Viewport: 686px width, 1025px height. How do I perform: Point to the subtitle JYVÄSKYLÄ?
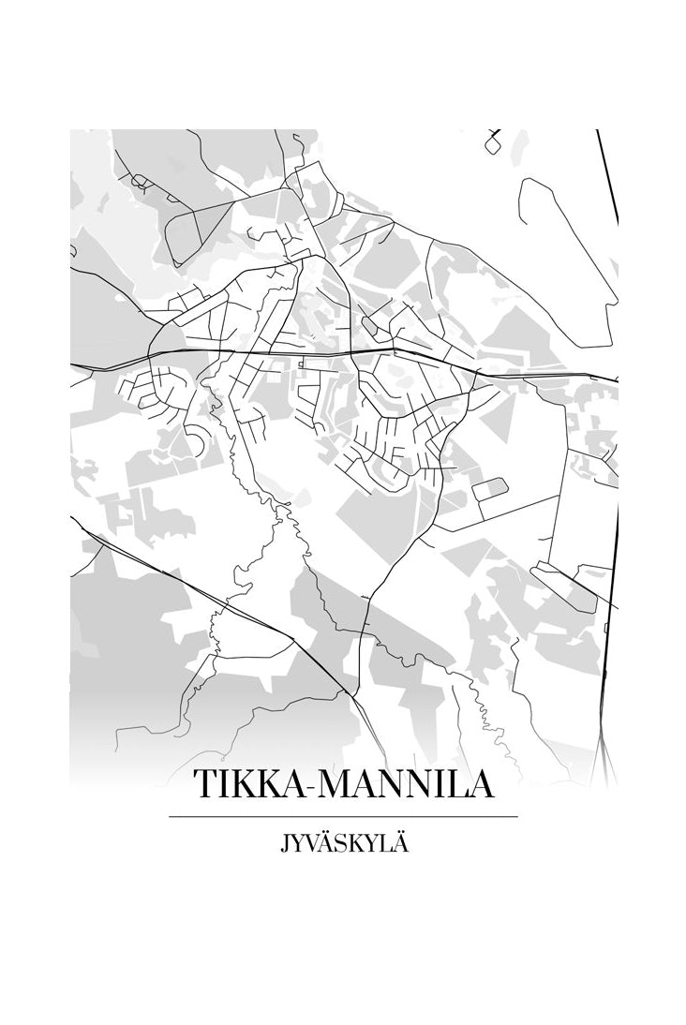click(x=344, y=843)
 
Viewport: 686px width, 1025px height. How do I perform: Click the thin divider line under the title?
click(x=343, y=817)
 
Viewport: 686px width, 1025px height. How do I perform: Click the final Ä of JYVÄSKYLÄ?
click(x=401, y=843)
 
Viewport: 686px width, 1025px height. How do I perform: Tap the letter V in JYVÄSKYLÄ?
click(x=310, y=844)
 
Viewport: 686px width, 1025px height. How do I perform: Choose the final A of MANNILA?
click(x=480, y=785)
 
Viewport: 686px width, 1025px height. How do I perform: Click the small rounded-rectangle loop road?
click(x=489, y=488)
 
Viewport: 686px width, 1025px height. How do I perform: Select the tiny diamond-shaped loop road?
click(x=493, y=142)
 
